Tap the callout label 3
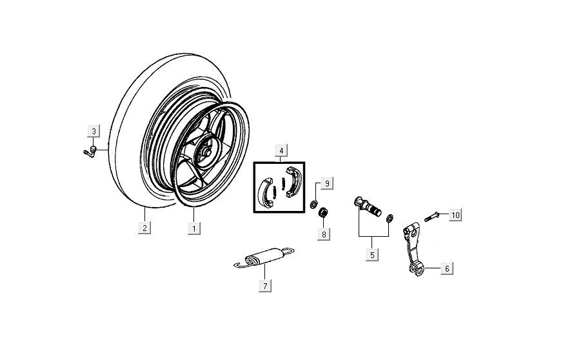pyautogui.click(x=94, y=132)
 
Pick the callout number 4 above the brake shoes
pyautogui.click(x=281, y=150)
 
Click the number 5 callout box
pyautogui.click(x=372, y=254)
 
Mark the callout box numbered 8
pyautogui.click(x=323, y=234)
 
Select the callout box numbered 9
pyautogui.click(x=327, y=185)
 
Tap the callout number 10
pyautogui.click(x=455, y=215)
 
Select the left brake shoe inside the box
pyautogui.click(x=265, y=193)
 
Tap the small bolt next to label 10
pyautogui.click(x=432, y=216)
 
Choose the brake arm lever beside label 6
pyautogui.click(x=413, y=252)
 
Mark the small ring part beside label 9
pyautogui.click(x=313, y=205)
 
